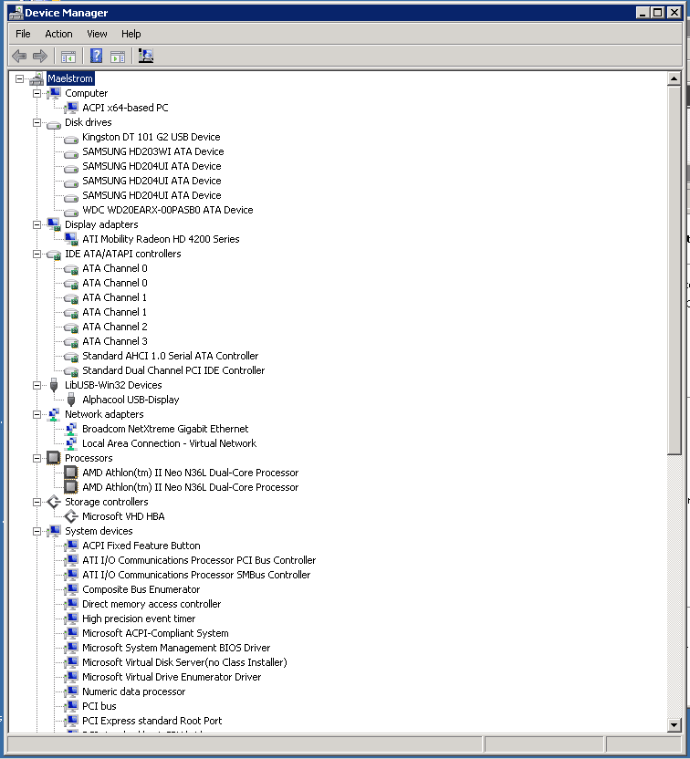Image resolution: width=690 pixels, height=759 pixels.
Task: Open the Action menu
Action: pyautogui.click(x=58, y=34)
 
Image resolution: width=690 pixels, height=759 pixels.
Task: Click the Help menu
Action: pyautogui.click(x=131, y=34)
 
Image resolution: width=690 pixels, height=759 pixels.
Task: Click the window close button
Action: pyautogui.click(x=674, y=13)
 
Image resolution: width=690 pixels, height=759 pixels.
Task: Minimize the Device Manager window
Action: pyautogui.click(x=643, y=13)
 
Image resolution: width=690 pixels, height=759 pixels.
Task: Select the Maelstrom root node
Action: pyautogui.click(x=69, y=79)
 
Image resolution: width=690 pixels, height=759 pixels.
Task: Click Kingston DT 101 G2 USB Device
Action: pyautogui.click(x=151, y=137)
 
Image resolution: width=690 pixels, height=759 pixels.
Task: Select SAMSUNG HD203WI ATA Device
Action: pyautogui.click(x=152, y=151)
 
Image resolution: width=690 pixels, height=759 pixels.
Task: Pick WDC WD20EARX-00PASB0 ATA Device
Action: pyautogui.click(x=167, y=210)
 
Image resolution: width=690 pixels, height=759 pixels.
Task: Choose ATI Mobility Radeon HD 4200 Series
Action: pyautogui.click(x=161, y=239)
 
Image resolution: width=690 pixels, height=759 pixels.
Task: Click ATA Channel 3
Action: pyautogui.click(x=114, y=341)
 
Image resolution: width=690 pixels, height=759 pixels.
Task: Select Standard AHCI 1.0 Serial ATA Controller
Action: pyautogui.click(x=170, y=356)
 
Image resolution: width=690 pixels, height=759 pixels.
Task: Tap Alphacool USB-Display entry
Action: pyautogui.click(x=131, y=400)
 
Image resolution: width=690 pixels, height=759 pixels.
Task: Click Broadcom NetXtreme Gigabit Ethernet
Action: pyautogui.click(x=164, y=429)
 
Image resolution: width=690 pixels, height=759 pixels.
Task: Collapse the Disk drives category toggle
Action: pyautogui.click(x=37, y=122)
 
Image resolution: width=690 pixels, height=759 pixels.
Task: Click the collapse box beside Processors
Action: pyautogui.click(x=37, y=458)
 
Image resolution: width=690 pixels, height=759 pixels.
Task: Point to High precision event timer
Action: pyautogui.click(x=139, y=619)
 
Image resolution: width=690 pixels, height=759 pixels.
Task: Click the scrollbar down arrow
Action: pyautogui.click(x=674, y=725)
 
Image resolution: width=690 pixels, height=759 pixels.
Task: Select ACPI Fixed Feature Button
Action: pyautogui.click(x=141, y=546)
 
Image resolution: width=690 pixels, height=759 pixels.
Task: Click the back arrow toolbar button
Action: pyautogui.click(x=19, y=56)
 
